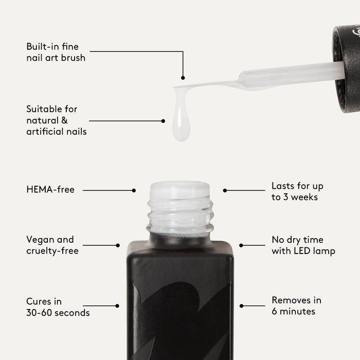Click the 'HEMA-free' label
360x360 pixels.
(50, 190)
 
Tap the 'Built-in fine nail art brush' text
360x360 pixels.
(56, 52)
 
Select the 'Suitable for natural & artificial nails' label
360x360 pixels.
(57, 120)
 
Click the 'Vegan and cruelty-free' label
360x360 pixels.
(52, 245)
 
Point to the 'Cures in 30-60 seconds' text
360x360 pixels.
(58, 307)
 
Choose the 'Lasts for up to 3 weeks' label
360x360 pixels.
(297, 191)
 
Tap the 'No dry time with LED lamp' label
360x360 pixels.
(303, 245)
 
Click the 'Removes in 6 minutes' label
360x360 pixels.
(296, 306)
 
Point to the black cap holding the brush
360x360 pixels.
(347, 69)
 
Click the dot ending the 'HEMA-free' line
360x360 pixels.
(134, 190)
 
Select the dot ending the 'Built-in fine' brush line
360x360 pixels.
(183, 78)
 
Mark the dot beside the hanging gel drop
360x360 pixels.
(163, 121)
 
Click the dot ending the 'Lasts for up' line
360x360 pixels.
(225, 190)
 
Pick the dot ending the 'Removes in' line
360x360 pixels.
(241, 306)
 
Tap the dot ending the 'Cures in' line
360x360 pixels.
(117, 306)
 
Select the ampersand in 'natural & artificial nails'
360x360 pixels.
(64, 120)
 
